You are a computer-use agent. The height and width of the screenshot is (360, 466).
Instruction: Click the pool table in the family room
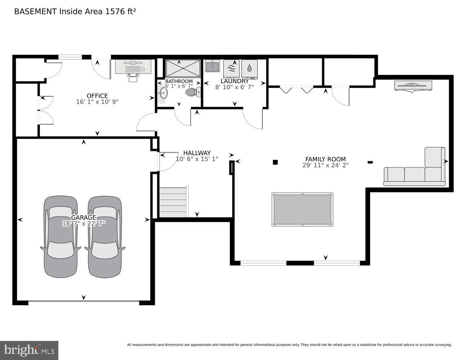click(x=302, y=210)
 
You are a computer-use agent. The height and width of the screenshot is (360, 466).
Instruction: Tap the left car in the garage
click(x=61, y=237)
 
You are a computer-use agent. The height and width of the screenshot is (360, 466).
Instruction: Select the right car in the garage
click(x=105, y=237)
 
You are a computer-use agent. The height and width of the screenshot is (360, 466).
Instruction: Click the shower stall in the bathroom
click(x=183, y=68)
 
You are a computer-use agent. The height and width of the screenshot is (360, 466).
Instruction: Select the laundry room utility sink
click(x=212, y=66)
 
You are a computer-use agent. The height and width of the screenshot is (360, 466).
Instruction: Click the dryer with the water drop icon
click(x=249, y=68)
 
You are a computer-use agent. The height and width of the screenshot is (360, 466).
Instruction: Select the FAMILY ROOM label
click(x=325, y=159)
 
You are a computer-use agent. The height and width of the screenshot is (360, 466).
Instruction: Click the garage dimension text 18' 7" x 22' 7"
click(x=84, y=224)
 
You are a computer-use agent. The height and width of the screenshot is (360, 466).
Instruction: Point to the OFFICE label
click(x=97, y=96)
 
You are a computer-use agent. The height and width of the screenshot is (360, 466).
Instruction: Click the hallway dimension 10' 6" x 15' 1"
click(x=197, y=159)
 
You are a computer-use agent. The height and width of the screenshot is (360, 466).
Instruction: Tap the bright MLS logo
click(x=29, y=350)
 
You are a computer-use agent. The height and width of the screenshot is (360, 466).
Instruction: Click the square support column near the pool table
click(x=275, y=162)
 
